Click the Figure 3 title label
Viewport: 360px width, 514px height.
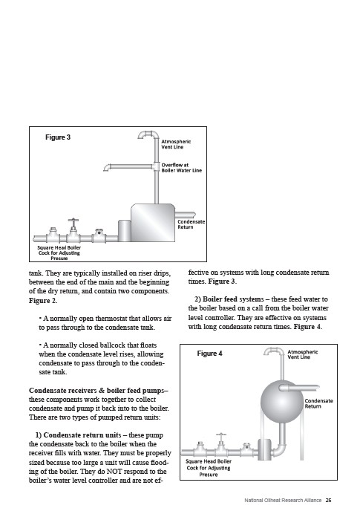point(58,137)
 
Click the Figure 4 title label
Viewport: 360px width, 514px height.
point(209,353)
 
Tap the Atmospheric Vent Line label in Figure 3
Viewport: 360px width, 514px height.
point(176,144)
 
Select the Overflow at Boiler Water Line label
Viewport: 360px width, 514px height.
point(181,168)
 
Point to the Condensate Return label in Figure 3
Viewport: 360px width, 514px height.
point(192,224)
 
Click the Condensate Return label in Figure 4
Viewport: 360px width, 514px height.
point(318,403)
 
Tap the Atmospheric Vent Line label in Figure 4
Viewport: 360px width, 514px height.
point(302,354)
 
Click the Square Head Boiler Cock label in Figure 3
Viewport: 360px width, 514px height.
point(59,253)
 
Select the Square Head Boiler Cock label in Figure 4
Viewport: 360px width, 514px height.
point(209,468)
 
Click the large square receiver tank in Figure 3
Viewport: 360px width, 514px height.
point(153,223)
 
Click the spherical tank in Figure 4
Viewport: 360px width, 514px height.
point(282,402)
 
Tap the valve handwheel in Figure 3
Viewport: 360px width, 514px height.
point(73,220)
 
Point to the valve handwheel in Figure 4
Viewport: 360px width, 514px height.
point(221,435)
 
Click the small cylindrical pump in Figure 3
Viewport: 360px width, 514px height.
point(125,231)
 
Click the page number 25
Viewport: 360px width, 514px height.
point(328,500)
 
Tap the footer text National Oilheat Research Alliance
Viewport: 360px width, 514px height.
point(283,500)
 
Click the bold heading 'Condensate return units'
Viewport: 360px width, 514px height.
point(82,435)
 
